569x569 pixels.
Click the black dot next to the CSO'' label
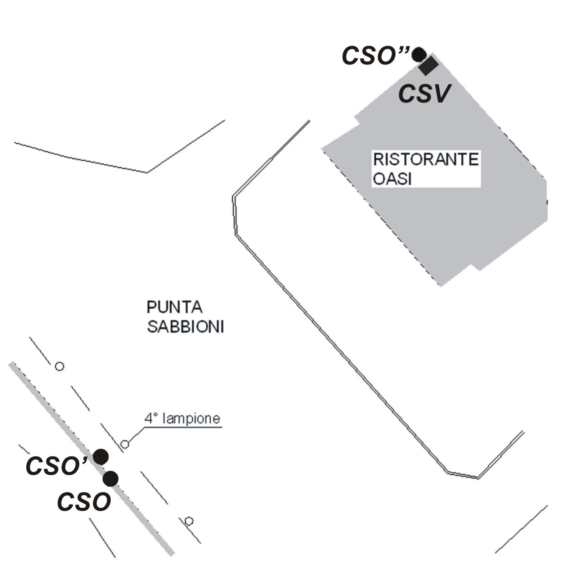click(419, 54)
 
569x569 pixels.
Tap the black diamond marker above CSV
click(428, 66)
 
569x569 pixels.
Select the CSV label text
click(424, 94)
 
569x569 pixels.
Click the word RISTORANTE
click(425, 159)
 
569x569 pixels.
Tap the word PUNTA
click(174, 307)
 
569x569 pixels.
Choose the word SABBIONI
click(185, 327)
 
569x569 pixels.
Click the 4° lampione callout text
click(182, 419)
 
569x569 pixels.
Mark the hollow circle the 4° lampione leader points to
click(125, 445)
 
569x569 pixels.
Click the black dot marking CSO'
click(101, 457)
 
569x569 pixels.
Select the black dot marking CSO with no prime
click(110, 479)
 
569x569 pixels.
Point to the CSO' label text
click(55, 466)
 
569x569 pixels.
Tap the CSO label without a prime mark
click(84, 502)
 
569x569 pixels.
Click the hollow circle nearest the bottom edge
click(189, 521)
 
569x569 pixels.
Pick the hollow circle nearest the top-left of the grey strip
click(59, 366)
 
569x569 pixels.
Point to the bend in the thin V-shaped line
click(146, 173)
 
